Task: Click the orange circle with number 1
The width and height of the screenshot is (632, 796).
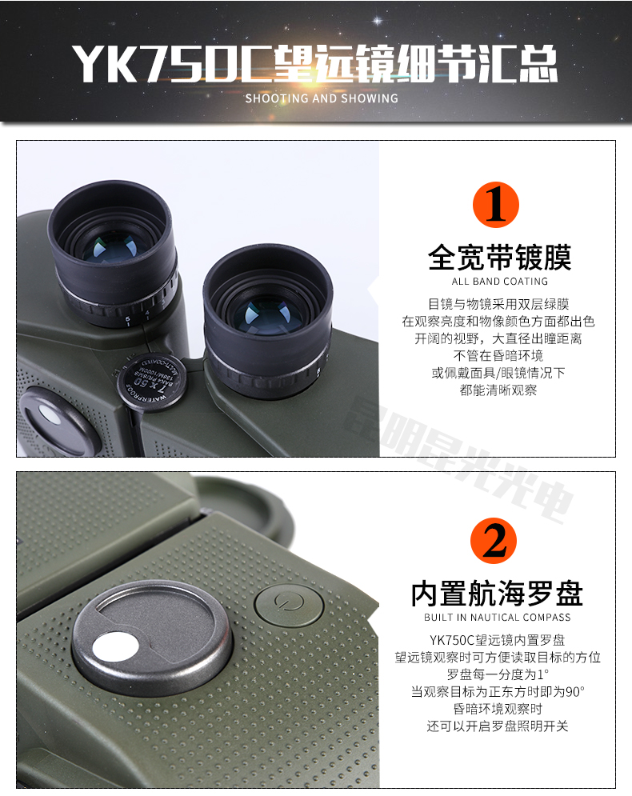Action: [496, 205]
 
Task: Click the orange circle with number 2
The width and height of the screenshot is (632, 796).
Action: [496, 542]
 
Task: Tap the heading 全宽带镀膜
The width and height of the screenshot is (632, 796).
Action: [500, 258]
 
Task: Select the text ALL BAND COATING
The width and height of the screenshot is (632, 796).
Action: [500, 282]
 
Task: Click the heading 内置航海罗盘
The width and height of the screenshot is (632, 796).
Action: [497, 594]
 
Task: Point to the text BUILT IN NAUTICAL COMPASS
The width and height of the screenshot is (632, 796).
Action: [498, 618]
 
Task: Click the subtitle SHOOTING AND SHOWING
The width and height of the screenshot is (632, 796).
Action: [321, 98]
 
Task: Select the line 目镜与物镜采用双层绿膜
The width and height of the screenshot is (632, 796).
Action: [498, 304]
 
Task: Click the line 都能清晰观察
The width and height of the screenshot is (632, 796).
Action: [498, 390]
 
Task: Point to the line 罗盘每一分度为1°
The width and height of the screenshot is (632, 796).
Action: [498, 674]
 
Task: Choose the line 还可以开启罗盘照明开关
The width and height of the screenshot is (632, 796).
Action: [498, 726]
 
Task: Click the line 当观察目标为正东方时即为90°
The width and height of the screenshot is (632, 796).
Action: [498, 691]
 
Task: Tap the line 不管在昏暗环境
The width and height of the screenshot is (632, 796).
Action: [498, 355]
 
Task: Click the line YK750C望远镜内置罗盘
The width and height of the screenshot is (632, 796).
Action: [498, 639]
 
